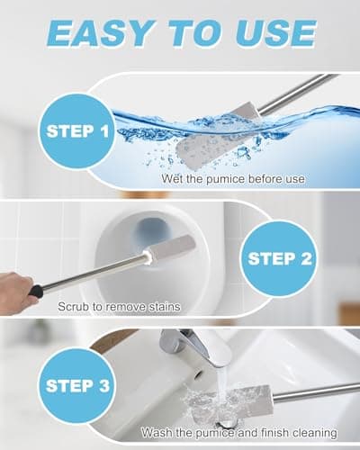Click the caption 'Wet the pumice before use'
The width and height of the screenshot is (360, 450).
[233, 179]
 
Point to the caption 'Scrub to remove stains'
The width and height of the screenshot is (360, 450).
[119, 307]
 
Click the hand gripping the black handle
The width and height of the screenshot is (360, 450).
[16, 290]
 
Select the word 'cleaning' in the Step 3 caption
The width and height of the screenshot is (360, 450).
[313, 432]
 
